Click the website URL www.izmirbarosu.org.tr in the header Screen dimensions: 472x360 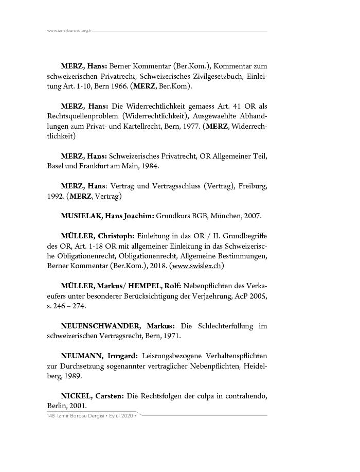[69, 31]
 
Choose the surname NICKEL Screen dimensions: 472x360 [76, 395]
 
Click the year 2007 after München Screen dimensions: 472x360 [252, 216]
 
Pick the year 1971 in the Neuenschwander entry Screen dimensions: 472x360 [172, 336]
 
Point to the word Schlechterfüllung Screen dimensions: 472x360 [225, 326]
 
